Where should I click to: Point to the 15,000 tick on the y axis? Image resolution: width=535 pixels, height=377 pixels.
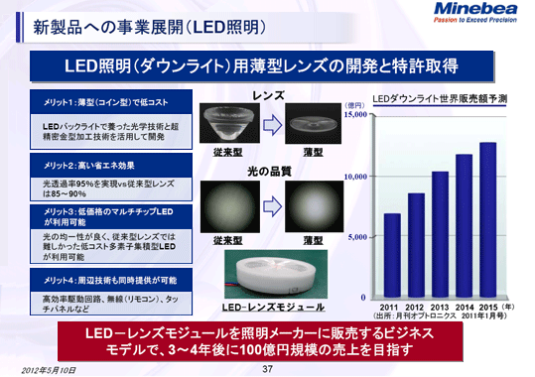354,115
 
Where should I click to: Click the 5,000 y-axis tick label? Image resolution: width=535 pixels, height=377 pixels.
357,237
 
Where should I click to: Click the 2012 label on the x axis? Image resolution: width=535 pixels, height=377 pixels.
415,308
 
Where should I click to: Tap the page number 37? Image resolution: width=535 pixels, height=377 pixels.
266,368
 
